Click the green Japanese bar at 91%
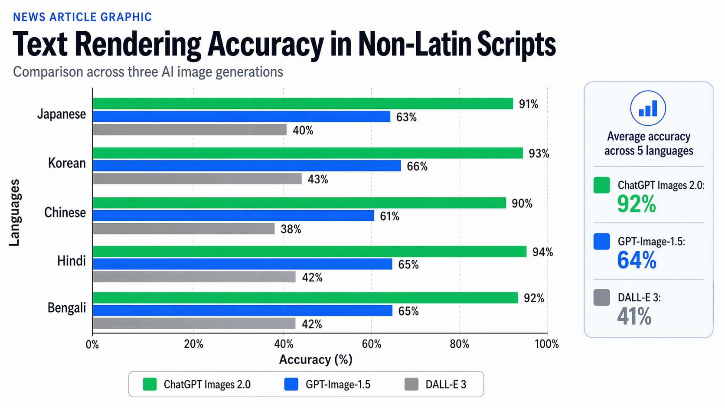(303, 104)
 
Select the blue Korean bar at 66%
(247, 166)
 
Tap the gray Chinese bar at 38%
(183, 228)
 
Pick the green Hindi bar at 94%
(309, 251)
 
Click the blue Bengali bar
(242, 310)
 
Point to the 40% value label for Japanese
(303, 130)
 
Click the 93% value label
(539, 153)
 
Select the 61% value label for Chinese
(389, 216)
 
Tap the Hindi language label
(72, 261)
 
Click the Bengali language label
(67, 308)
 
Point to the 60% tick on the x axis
(371, 344)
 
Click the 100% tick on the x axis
(546, 344)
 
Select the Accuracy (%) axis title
(316, 359)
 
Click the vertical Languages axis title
(14, 212)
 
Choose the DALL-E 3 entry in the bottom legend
(436, 384)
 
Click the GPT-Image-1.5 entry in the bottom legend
(328, 384)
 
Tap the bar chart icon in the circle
(648, 108)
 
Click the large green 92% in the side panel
(636, 204)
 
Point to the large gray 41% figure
(634, 317)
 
